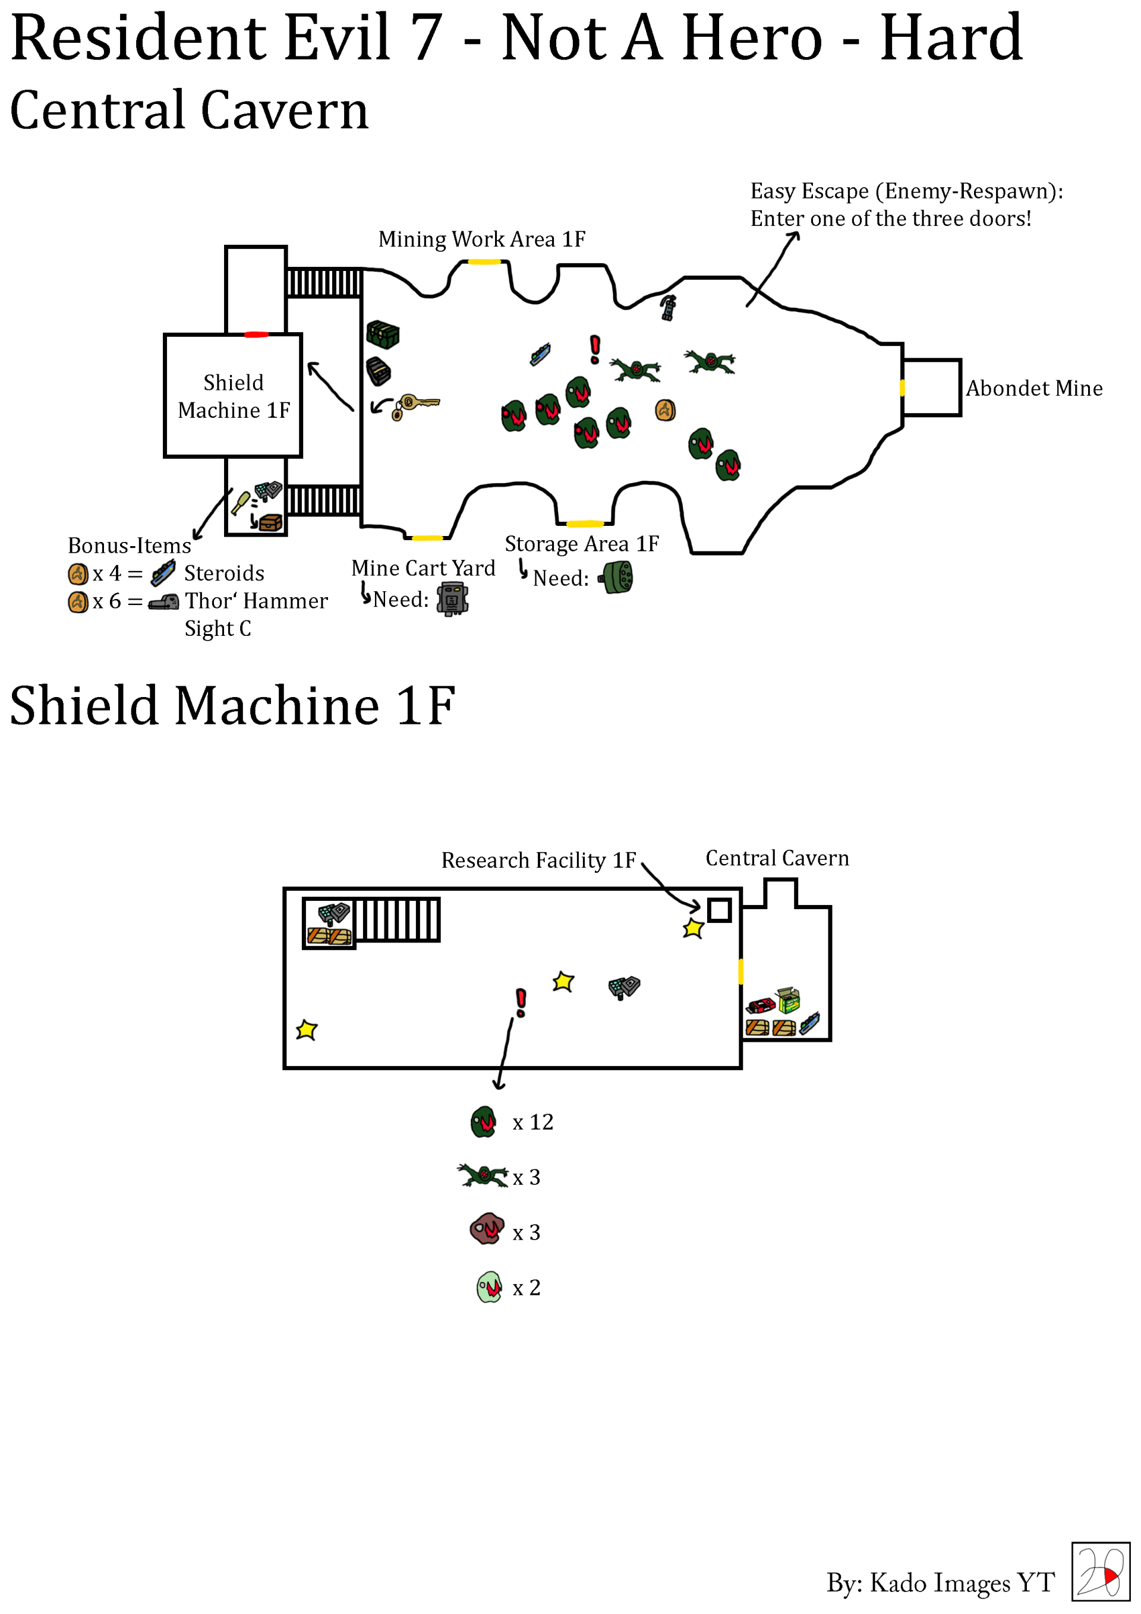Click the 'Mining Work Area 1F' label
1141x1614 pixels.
pyautogui.click(x=481, y=239)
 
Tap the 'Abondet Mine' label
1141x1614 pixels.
pyautogui.click(x=1034, y=388)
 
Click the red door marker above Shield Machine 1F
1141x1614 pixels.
pyautogui.click(x=256, y=335)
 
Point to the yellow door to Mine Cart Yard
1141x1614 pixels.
pyautogui.click(x=427, y=538)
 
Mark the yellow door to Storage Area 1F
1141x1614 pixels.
pyautogui.click(x=585, y=524)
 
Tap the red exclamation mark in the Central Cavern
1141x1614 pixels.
pyautogui.click(x=595, y=349)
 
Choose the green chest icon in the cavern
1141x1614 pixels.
pyautogui.click(x=383, y=335)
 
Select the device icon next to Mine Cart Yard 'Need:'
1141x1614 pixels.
pyautogui.click(x=453, y=600)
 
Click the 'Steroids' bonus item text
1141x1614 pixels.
pyautogui.click(x=224, y=573)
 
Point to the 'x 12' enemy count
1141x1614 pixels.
pyautogui.click(x=533, y=1122)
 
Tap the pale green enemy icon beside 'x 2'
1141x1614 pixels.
pyautogui.click(x=489, y=1287)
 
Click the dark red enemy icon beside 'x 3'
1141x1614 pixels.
pyautogui.click(x=487, y=1229)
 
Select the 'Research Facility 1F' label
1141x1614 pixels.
pyautogui.click(x=538, y=860)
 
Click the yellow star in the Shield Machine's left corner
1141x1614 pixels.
pyautogui.click(x=307, y=1030)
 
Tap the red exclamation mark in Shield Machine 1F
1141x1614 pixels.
pyautogui.click(x=521, y=1003)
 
